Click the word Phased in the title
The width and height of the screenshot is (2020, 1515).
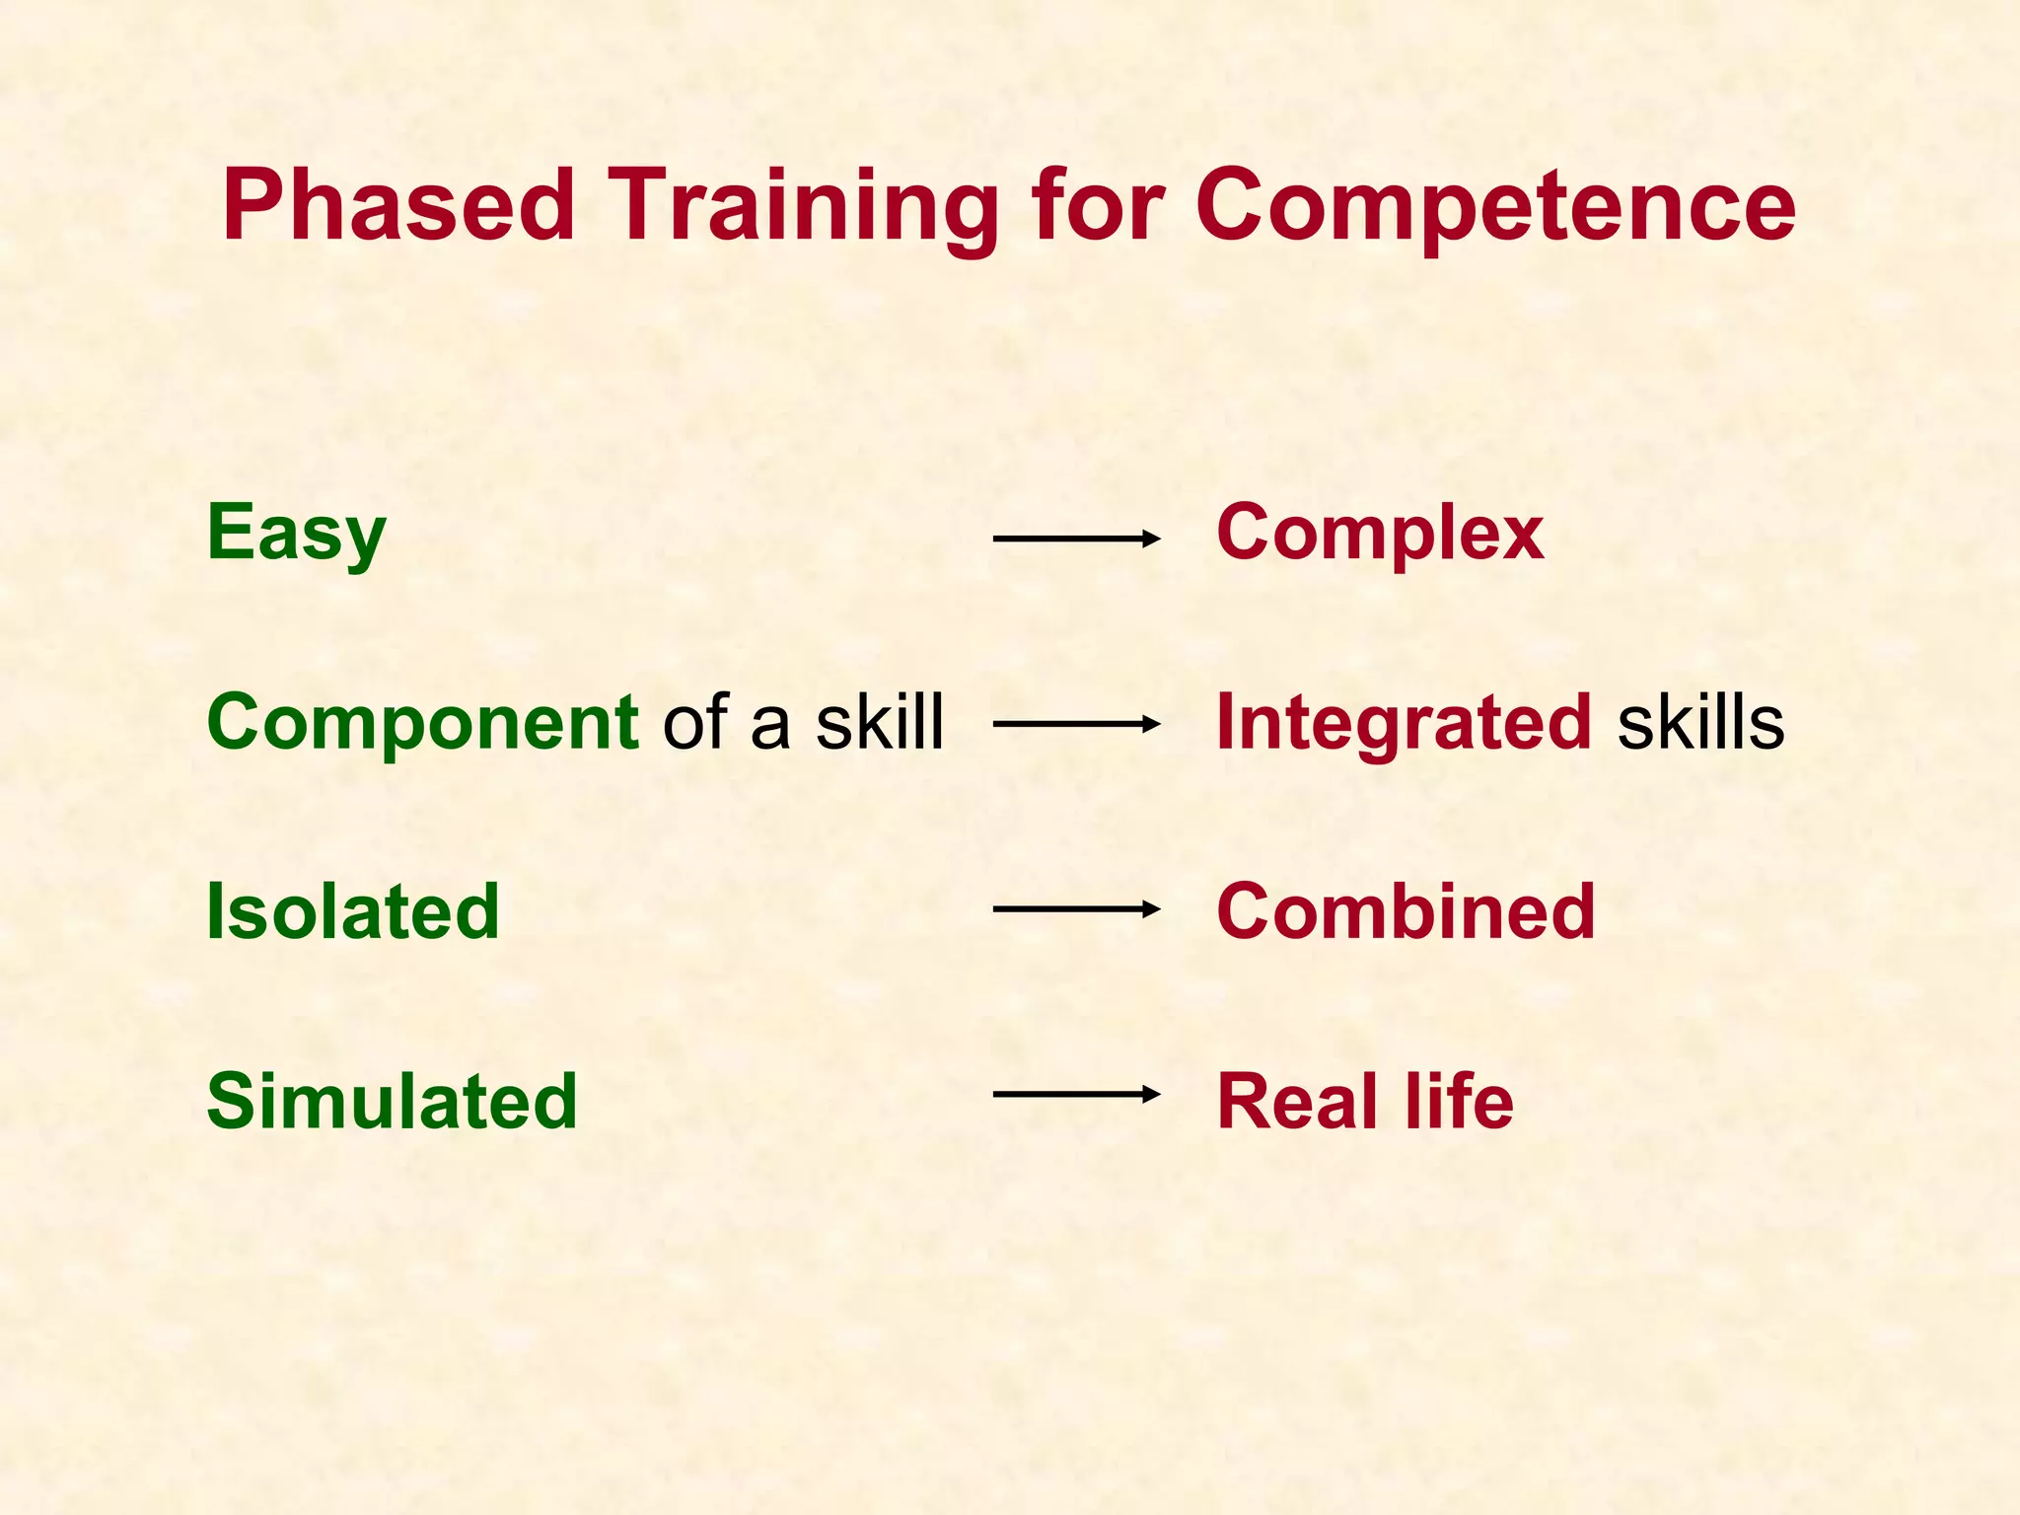click(398, 205)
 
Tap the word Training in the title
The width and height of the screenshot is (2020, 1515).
click(802, 205)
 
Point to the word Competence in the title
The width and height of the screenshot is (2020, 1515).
click(1495, 205)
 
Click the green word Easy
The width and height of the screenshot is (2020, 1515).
click(296, 534)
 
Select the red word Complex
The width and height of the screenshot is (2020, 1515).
click(1380, 534)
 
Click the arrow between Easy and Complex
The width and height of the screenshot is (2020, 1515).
click(1076, 539)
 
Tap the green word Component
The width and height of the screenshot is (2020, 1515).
click(423, 723)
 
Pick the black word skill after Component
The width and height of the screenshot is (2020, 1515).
click(880, 721)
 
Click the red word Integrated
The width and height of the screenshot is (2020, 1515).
click(1404, 723)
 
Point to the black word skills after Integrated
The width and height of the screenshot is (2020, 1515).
click(1700, 721)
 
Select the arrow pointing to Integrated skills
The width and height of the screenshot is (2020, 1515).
click(1076, 724)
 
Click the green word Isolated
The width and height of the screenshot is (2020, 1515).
click(352, 910)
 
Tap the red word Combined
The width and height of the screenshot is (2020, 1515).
click(1406, 910)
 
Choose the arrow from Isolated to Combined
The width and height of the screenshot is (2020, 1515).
click(1076, 908)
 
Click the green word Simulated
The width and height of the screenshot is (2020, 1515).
click(392, 1100)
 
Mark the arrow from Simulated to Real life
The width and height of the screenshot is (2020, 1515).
click(1076, 1094)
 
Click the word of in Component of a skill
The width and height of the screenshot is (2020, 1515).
click(695, 721)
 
